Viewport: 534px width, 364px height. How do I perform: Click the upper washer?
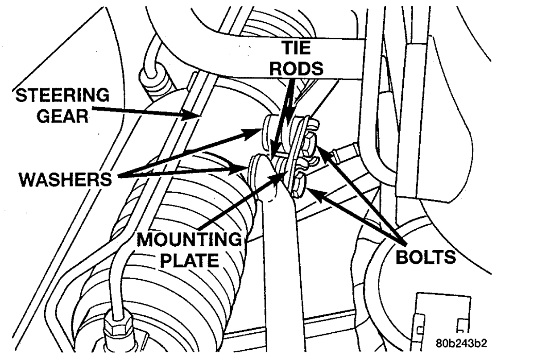[x=269, y=130]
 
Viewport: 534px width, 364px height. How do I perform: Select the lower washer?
[x=257, y=169]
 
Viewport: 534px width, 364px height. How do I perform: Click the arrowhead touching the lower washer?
[x=244, y=167]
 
